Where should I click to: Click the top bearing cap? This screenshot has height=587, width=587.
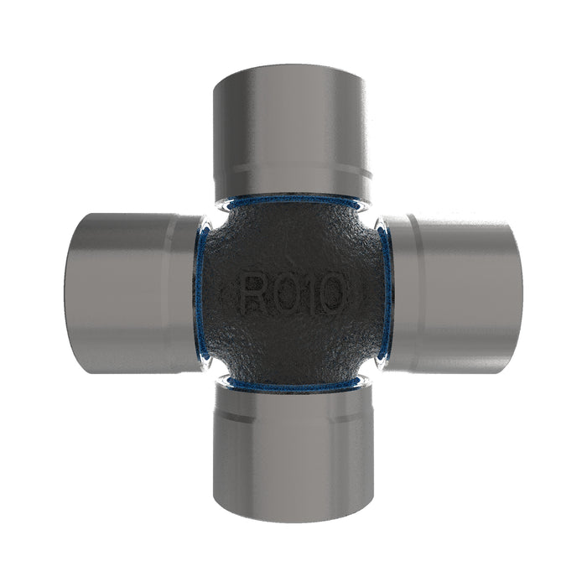292,132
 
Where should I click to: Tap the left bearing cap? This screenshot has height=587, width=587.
135,293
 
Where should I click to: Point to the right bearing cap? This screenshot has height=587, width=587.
451,293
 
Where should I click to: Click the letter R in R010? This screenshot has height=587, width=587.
255,292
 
